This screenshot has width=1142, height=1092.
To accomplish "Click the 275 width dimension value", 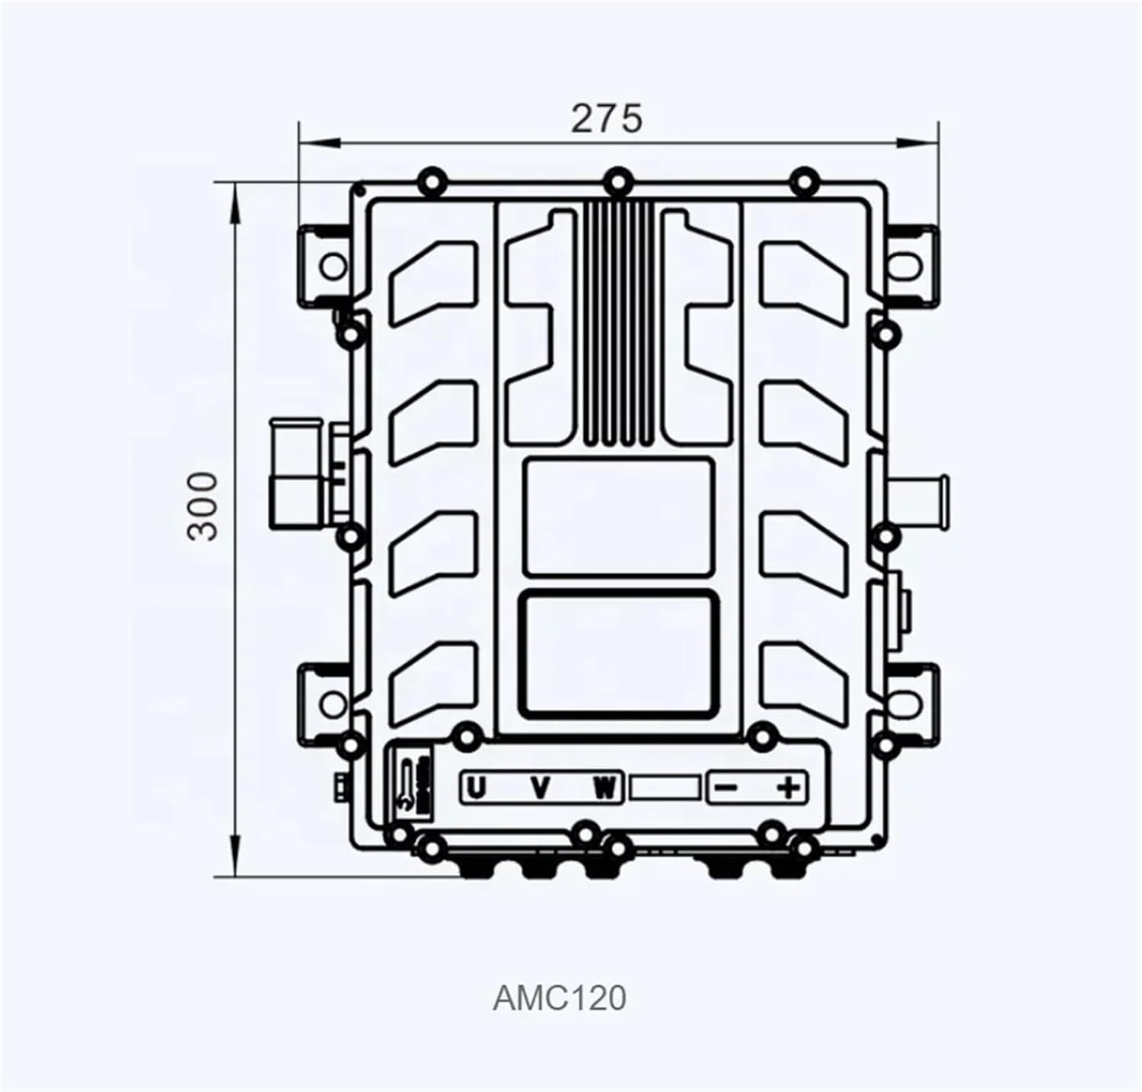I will pyautogui.click(x=607, y=119).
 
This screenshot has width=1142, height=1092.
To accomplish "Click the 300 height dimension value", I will pyautogui.click(x=203, y=506).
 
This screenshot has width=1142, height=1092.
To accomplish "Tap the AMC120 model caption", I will pyautogui.click(x=560, y=998).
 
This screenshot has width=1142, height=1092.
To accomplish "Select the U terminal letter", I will pyautogui.click(x=477, y=787).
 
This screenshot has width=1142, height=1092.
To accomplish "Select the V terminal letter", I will pyautogui.click(x=540, y=787).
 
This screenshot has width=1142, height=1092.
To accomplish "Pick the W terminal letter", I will pyautogui.click(x=604, y=787).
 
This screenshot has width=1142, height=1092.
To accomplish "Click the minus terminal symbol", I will pyautogui.click(x=727, y=787).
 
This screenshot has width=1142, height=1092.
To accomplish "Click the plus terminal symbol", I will pyautogui.click(x=790, y=787).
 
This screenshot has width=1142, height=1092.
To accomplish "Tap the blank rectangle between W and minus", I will pyautogui.click(x=665, y=787).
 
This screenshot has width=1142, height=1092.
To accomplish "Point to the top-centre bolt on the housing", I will pyautogui.click(x=617, y=182).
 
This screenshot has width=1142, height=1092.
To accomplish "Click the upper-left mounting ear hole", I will pyautogui.click(x=333, y=267).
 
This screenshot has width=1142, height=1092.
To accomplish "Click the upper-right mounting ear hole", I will pyautogui.click(x=906, y=267).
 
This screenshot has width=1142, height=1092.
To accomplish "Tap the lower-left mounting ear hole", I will pyautogui.click(x=333, y=701).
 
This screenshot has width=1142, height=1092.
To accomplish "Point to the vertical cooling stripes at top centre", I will pyautogui.click(x=617, y=324).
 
